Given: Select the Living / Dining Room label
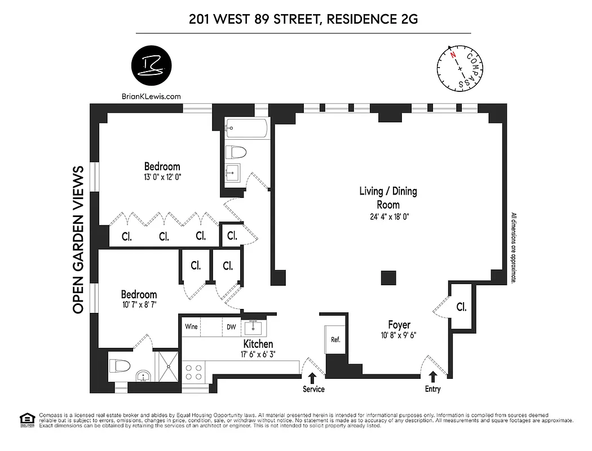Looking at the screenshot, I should pyautogui.click(x=388, y=198).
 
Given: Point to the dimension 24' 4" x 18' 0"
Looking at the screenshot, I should pyautogui.click(x=388, y=216).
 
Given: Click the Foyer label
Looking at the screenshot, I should pyautogui.click(x=399, y=325).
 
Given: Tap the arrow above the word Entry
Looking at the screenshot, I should pyautogui.click(x=433, y=376).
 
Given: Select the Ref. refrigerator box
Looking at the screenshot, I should pyautogui.click(x=335, y=340).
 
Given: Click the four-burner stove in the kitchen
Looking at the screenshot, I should pyautogui.click(x=195, y=373).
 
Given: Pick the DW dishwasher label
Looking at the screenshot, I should pyautogui.click(x=231, y=326).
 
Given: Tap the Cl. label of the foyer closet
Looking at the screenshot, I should pyautogui.click(x=461, y=308).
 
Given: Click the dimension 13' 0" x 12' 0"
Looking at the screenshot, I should pyautogui.click(x=162, y=176).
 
